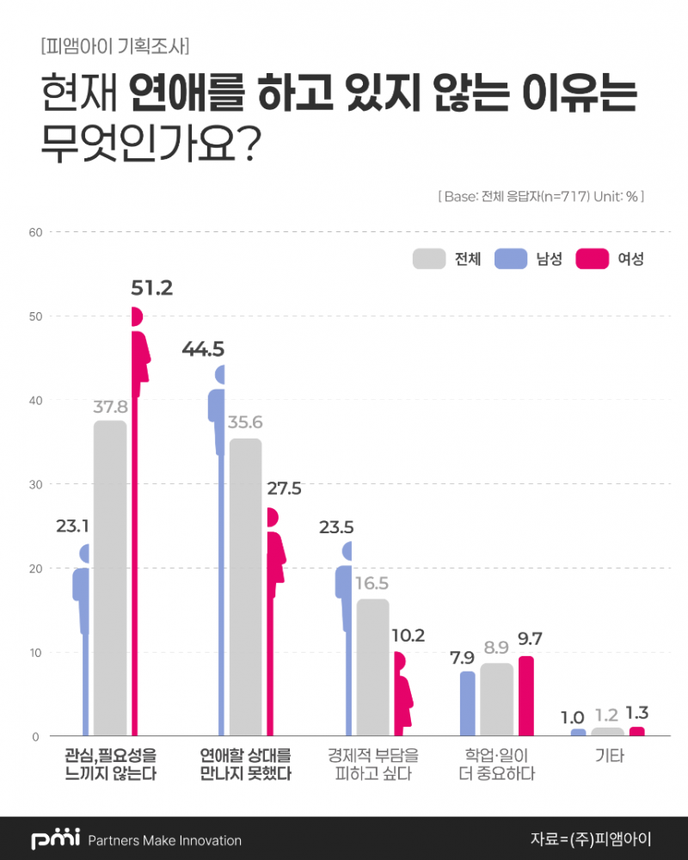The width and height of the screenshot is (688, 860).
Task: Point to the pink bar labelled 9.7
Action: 525,696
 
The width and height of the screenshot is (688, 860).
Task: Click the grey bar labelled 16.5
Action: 372,667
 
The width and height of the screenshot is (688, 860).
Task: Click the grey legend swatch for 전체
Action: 429,259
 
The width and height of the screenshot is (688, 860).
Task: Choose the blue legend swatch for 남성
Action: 511,259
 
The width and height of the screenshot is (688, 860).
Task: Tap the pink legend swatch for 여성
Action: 593,259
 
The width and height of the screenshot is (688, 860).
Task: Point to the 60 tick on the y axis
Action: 35,232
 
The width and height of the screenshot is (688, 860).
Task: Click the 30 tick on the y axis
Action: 35,484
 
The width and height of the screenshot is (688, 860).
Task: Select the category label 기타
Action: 609,758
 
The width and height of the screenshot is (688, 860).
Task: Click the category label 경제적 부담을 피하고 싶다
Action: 372,765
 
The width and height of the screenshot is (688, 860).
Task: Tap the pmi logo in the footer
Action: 55,839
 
